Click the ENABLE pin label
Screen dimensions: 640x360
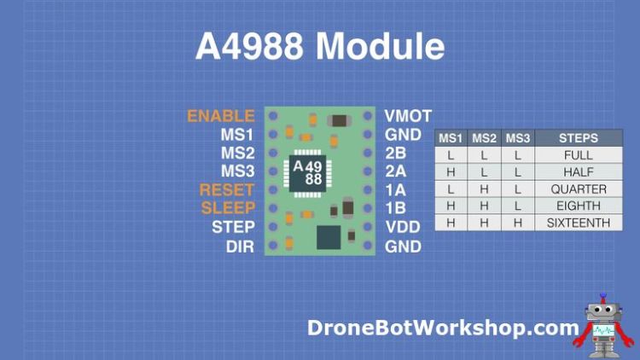click(220, 115)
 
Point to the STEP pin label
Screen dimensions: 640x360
click(233, 227)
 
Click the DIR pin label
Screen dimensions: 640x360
click(240, 246)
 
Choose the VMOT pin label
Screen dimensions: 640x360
click(408, 115)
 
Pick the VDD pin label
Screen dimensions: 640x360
click(403, 227)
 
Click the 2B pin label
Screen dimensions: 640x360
click(395, 153)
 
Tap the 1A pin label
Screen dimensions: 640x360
click(395, 189)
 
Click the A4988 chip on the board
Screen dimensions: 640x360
click(308, 171)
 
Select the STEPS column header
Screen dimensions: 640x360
click(578, 138)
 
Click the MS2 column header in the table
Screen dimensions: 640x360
click(484, 138)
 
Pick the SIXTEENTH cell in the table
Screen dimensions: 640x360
click(578, 223)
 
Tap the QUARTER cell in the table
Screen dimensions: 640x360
click(578, 189)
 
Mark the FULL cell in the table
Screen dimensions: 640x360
click(578, 155)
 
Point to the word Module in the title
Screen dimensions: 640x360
click(380, 46)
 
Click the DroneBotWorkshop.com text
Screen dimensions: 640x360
click(443, 328)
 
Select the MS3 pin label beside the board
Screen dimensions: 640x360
click(237, 171)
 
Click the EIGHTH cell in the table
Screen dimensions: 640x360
click(578, 206)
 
